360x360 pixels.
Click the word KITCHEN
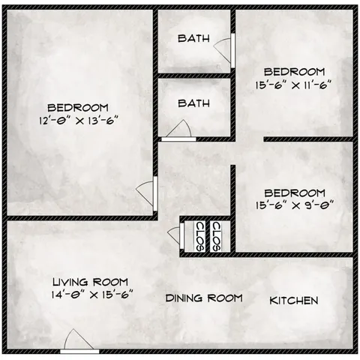click(x=294, y=301)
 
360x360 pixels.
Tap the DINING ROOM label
click(x=204, y=298)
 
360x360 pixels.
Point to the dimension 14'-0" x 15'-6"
click(x=93, y=293)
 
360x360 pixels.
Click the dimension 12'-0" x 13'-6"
click(x=80, y=119)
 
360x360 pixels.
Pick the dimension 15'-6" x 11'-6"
click(x=294, y=85)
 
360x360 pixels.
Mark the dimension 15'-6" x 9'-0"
click(x=294, y=203)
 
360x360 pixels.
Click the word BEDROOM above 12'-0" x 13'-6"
click(x=80, y=107)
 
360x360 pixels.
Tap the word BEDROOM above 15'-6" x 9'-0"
click(x=295, y=191)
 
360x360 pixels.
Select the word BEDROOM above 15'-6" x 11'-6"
click(x=295, y=73)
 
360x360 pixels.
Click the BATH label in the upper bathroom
click(x=193, y=39)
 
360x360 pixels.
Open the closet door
click(x=176, y=235)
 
